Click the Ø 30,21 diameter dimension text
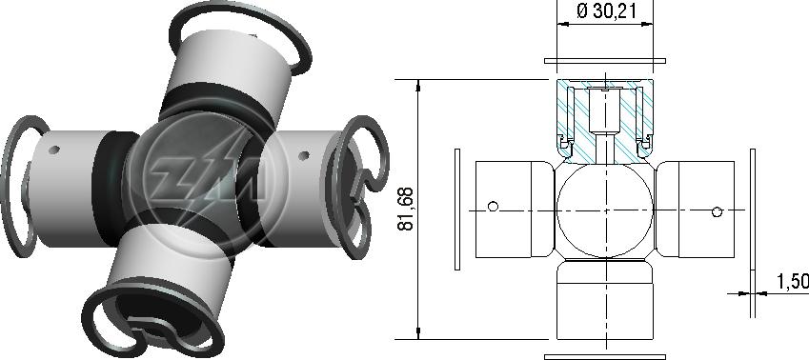[606, 11]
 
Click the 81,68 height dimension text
[406, 209]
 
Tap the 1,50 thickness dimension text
[793, 281]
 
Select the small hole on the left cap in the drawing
[493, 207]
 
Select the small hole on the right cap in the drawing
[717, 211]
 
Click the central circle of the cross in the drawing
[605, 210]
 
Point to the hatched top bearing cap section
[605, 121]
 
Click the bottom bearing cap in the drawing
[605, 300]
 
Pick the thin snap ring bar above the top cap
[605, 61]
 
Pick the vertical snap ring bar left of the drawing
[457, 209]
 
